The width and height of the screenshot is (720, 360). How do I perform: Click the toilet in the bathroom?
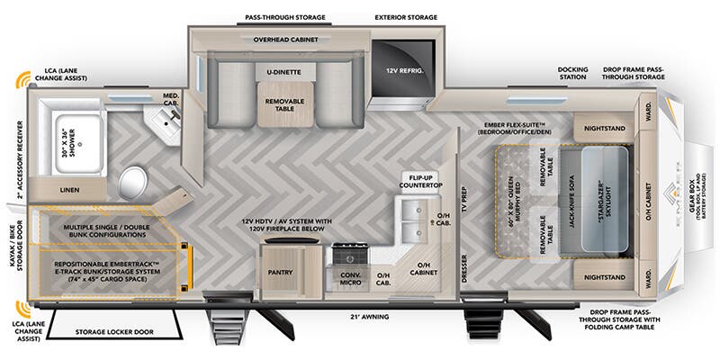133,180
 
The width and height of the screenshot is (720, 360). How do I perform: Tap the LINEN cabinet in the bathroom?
68,190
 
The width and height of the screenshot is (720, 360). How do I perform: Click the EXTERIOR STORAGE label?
406,17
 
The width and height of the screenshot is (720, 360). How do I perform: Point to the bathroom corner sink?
166,120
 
